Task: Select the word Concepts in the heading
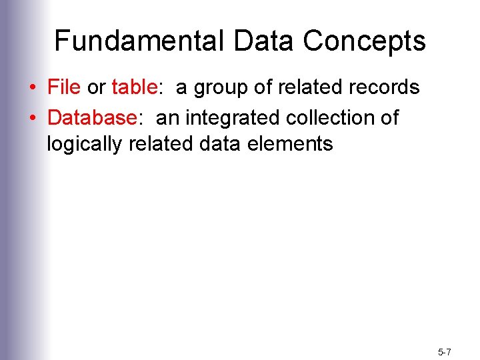click(364, 41)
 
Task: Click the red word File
click(64, 87)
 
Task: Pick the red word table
click(134, 87)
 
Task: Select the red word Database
click(92, 118)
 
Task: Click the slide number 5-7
click(445, 351)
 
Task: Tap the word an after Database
click(168, 119)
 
